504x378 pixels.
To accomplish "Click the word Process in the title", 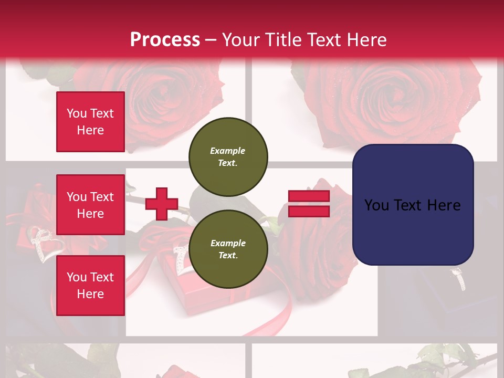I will (x=165, y=40).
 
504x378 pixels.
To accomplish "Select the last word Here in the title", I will (x=365, y=40).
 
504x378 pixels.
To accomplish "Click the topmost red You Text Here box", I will (x=90, y=122).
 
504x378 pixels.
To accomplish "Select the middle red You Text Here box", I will (x=90, y=205).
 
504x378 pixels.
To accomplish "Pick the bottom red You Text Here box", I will (x=90, y=285).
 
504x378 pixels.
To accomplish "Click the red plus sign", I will (x=161, y=204).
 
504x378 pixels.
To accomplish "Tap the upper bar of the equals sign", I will (x=309, y=196).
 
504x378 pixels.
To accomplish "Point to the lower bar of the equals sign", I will (x=309, y=211).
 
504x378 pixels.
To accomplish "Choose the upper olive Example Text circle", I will (x=228, y=156).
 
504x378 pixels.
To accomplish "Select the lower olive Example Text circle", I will (x=228, y=249).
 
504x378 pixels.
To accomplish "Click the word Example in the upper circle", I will (x=228, y=151).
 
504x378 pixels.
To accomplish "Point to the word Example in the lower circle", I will (x=228, y=243).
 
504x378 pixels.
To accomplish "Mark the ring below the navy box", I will (x=459, y=279).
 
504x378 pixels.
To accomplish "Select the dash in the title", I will (x=211, y=40).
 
